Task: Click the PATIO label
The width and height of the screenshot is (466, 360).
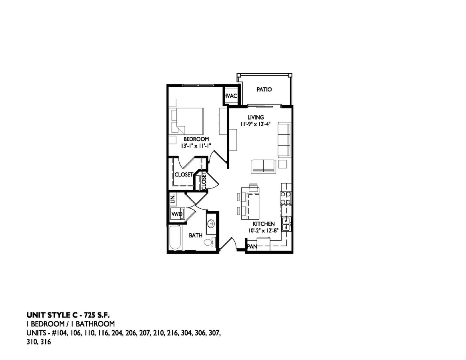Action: pos(264,90)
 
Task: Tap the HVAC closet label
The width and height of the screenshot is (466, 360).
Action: pos(232,96)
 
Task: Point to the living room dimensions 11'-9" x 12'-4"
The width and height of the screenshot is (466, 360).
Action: pos(256,124)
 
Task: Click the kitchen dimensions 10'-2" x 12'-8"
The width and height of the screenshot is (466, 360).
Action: pos(263,230)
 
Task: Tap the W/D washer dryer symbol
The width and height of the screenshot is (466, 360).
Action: pos(177,214)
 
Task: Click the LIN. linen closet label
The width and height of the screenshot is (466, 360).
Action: pos(173,198)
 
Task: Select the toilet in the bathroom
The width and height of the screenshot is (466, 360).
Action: pos(209,242)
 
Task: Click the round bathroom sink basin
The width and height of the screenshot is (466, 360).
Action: pos(211,223)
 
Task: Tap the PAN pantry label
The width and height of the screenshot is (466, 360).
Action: pos(252,247)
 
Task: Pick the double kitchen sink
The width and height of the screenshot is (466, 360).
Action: pos(286,224)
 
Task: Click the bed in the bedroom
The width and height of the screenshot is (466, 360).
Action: pos(187,121)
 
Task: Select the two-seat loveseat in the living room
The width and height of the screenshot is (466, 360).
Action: pos(263,166)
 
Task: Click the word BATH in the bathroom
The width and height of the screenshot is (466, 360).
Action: pos(196,236)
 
